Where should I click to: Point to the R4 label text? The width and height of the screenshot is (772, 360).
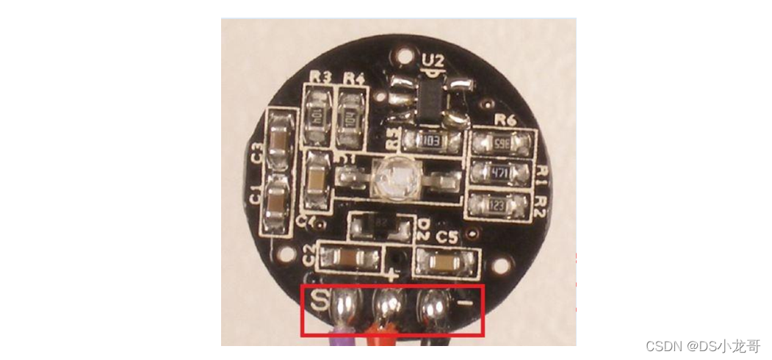354,77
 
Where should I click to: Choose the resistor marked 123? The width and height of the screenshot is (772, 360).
498,206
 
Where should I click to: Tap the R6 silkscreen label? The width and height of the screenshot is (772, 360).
505,121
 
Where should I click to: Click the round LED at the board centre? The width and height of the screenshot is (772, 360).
392,179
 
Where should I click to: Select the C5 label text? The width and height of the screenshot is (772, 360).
447,237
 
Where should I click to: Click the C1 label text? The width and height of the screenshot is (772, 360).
255,196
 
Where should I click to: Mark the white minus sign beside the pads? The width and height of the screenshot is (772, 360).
463,303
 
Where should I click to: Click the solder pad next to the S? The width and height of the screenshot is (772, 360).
344,303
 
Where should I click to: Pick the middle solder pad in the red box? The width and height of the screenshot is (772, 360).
388,302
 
